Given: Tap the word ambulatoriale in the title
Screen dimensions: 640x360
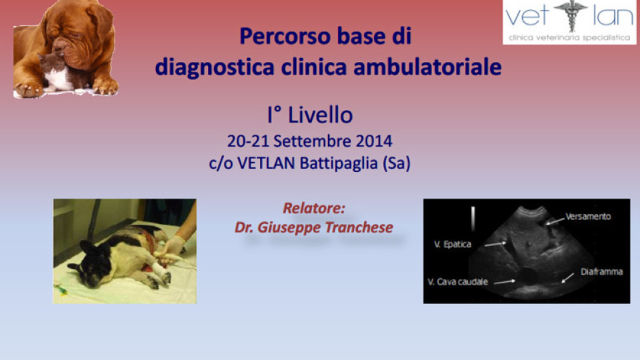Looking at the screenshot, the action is pos(427,67).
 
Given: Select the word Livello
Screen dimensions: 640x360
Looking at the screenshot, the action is pos(321,115).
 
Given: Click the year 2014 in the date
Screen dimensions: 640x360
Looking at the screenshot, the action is pos(374,141).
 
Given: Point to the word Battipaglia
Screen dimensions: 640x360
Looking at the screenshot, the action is pos(339,163).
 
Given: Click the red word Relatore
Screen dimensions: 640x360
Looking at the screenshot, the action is pos(314,208).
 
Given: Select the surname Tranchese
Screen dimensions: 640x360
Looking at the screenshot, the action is pos(359,227).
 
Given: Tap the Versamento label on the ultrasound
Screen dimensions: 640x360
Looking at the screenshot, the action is pos(588,216).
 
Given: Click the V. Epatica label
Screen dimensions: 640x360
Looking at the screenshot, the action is pos(453,245).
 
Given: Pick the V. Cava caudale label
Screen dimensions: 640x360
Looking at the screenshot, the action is pos(457,282).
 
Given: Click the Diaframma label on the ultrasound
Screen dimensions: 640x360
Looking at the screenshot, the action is pos(601,272).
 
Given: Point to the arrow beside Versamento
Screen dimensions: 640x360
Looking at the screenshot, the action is pos(555,221).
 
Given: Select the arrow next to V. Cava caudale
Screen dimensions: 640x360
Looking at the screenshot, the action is pos(505,281).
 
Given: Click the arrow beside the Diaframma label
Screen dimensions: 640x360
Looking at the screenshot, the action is pos(567,277).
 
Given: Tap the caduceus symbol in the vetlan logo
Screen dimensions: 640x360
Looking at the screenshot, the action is pos(571,15).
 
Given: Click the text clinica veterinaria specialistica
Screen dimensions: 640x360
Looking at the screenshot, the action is pos(569,37).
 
